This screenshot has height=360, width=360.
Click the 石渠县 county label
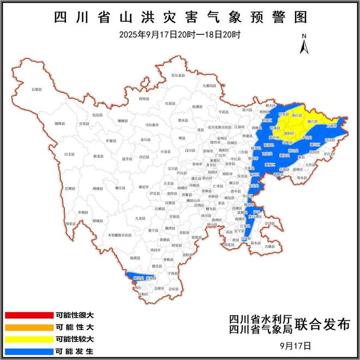click(37, 88)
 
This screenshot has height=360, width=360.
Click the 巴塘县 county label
click(71, 188)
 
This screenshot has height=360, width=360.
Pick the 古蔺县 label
click(270, 247)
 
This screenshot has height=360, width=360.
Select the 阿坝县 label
click(143, 99)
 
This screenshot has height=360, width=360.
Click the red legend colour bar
click(27, 315)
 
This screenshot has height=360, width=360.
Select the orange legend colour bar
click(27, 327)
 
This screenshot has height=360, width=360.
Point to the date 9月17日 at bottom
click(295, 345)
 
